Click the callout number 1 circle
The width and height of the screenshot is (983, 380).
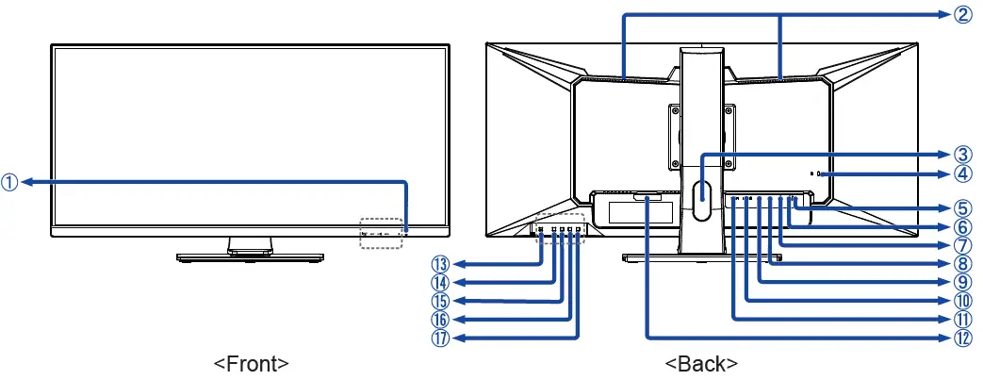pyautogui.click(x=9, y=183)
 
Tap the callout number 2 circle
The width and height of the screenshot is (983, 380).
pyautogui.click(x=959, y=14)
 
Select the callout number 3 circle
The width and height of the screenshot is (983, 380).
pyautogui.click(x=959, y=154)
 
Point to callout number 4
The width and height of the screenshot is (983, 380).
pyautogui.click(x=959, y=173)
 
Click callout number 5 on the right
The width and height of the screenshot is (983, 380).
pyautogui.click(x=959, y=209)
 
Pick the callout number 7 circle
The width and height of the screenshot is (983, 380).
pyautogui.click(x=959, y=245)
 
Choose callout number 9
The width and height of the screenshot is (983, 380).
pyautogui.click(x=959, y=281)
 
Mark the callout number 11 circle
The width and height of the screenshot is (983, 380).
pyautogui.click(x=959, y=318)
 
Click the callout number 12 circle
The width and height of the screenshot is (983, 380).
pyautogui.click(x=959, y=336)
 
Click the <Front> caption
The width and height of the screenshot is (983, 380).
pyautogui.click(x=251, y=363)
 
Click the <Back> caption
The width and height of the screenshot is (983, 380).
pyautogui.click(x=701, y=363)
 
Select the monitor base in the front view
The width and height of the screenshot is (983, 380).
pyautogui.click(x=249, y=256)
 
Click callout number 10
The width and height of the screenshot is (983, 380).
pyautogui.click(x=959, y=300)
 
